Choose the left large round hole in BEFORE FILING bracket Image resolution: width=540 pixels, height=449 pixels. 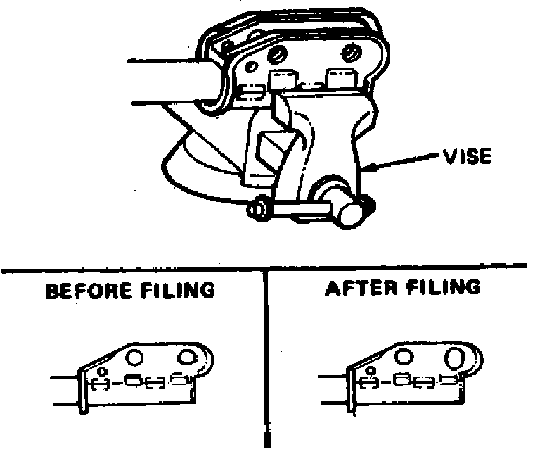(x=136, y=356)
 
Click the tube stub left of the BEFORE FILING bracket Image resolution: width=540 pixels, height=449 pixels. (x=67, y=392)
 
